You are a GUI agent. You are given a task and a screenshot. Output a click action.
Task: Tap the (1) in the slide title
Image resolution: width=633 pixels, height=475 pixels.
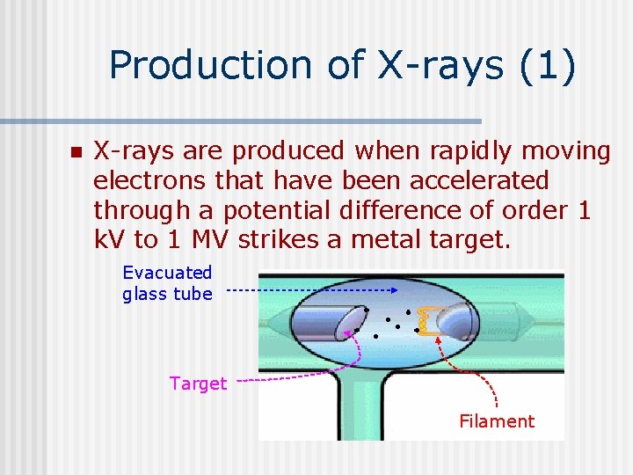pos(548,66)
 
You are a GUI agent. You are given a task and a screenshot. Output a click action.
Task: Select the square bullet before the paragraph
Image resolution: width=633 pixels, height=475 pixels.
pos(75,153)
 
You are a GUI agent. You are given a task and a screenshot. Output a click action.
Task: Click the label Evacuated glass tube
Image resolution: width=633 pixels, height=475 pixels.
pos(167,283)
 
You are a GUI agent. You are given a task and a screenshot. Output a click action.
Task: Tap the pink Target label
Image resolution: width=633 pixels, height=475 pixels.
pos(198,384)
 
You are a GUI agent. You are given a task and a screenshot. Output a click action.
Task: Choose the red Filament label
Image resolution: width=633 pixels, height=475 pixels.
pos(497,421)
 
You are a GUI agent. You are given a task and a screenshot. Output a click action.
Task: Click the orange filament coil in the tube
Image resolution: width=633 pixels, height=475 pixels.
pos(427,321)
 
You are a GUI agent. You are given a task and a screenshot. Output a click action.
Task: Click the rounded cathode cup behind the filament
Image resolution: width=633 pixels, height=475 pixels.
pos(456,322)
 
